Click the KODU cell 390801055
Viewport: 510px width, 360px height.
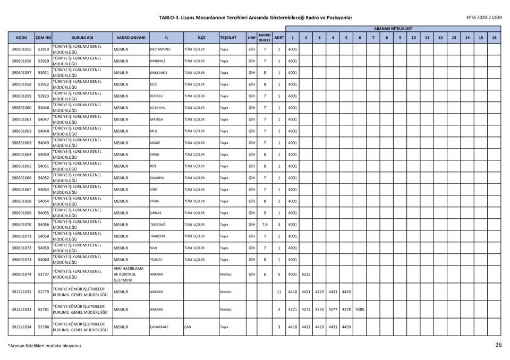[21, 49]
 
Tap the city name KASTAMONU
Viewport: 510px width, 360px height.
[160, 49]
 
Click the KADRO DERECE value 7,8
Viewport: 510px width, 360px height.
[265, 225]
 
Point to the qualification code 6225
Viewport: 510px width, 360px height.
[305, 275]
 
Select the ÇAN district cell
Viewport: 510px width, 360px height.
[188, 327]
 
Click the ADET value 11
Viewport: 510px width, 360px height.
[279, 292]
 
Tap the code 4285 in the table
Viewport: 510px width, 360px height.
[359, 310]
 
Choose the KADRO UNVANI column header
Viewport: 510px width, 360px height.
[131, 38]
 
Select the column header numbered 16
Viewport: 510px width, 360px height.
[494, 38]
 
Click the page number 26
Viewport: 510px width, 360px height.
[498, 345]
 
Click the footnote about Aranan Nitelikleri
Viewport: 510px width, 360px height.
[45, 346]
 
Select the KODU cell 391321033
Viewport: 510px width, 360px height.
[21, 310]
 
